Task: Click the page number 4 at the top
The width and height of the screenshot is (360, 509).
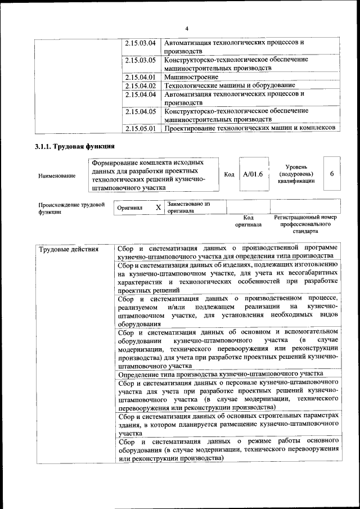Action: pyautogui.click(x=187, y=29)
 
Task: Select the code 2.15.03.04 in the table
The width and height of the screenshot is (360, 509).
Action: pyautogui.click(x=141, y=43)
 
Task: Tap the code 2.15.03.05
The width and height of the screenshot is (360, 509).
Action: pyautogui.click(x=141, y=60)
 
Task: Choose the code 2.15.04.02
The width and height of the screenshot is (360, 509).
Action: pyautogui.click(x=141, y=85)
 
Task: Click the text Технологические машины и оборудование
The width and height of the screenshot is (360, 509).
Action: pyautogui.click(x=229, y=85)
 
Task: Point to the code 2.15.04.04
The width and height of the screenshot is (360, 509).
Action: pyautogui.click(x=141, y=94)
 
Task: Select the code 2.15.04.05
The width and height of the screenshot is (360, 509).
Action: pyautogui.click(x=141, y=111)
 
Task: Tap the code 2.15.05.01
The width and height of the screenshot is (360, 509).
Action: pyautogui.click(x=141, y=129)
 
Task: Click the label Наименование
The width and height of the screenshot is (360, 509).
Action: pyautogui.click(x=57, y=176)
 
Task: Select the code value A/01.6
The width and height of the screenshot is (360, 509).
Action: pyautogui.click(x=253, y=174)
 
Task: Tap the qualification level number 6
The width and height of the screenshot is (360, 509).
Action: pyautogui.click(x=332, y=174)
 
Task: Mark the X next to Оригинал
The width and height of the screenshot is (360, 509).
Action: pyautogui.click(x=158, y=208)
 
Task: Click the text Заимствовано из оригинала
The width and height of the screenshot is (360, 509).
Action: pyautogui.click(x=188, y=208)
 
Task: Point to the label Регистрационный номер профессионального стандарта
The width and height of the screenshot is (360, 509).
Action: pyautogui.click(x=305, y=224)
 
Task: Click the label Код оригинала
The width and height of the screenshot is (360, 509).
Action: pyautogui.click(x=249, y=220)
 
